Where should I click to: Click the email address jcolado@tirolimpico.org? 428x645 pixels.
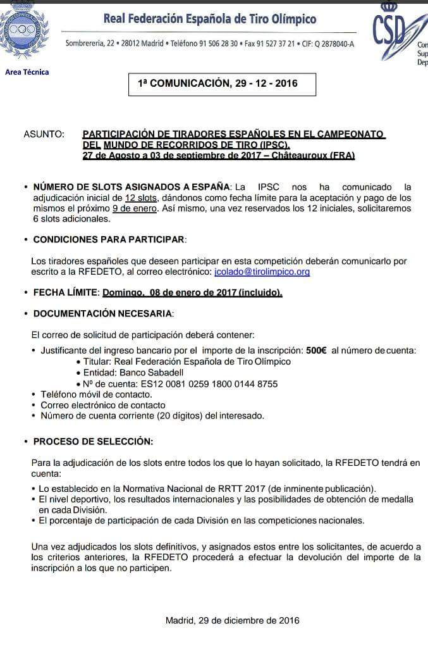tap(262, 272)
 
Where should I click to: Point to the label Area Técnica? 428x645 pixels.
tap(27, 72)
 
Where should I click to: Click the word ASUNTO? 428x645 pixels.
tap(44, 134)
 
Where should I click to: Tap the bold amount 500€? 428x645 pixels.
tap(316, 351)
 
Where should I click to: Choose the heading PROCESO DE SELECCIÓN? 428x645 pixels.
tap(93, 441)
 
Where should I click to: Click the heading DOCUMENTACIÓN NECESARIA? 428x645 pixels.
tap(102, 313)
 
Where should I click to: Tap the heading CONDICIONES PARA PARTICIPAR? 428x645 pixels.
tap(109, 240)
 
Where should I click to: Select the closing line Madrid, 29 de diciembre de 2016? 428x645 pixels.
tap(232, 620)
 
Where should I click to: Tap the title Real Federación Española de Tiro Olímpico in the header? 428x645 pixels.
tap(210, 20)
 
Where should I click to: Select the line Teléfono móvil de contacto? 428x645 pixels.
tap(96, 394)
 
